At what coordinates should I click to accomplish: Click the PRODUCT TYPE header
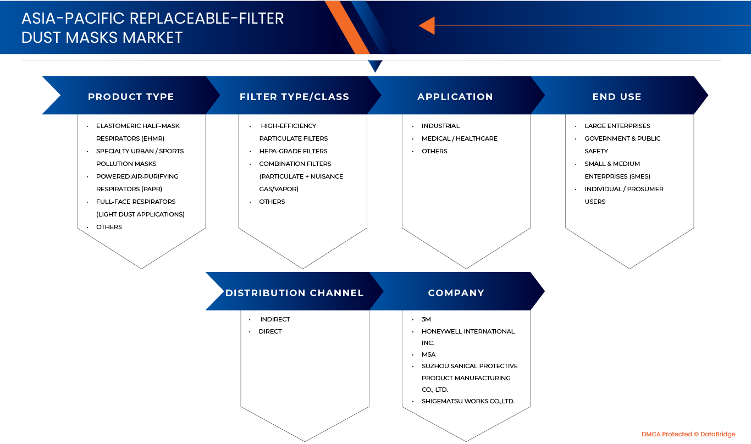click(x=131, y=97)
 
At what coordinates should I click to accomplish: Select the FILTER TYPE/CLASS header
click(x=294, y=97)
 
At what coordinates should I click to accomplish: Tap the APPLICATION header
click(x=455, y=97)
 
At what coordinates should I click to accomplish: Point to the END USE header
click(x=617, y=97)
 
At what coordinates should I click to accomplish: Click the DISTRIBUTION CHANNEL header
click(x=294, y=293)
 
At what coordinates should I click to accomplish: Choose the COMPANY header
click(x=456, y=293)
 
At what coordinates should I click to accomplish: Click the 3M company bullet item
click(x=427, y=319)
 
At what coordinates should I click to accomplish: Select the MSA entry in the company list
click(x=428, y=354)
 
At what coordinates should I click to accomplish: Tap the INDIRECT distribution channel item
click(x=275, y=319)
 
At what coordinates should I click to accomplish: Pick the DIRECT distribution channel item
click(x=270, y=331)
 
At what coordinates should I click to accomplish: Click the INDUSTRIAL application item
click(x=440, y=126)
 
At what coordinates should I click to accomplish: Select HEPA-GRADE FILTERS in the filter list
click(x=293, y=151)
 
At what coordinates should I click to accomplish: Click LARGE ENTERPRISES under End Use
click(x=617, y=126)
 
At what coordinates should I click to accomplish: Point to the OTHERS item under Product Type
click(x=109, y=227)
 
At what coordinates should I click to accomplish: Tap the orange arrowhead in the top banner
click(x=427, y=25)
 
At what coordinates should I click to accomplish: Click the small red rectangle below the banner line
click(x=703, y=68)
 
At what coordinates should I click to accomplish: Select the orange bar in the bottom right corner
click(x=690, y=435)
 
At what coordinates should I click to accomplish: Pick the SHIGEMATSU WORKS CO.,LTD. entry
click(x=468, y=401)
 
